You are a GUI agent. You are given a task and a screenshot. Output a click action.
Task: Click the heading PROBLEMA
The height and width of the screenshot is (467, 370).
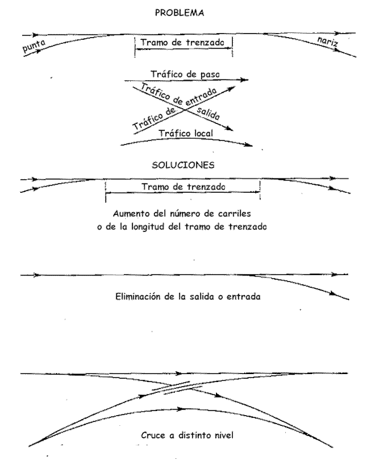(180, 13)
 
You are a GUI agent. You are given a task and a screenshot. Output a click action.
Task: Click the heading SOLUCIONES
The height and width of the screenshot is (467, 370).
(183, 165)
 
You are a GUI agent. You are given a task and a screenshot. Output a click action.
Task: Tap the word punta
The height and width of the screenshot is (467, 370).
(34, 45)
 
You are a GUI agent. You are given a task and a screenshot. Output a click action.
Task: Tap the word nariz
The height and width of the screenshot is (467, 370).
(328, 41)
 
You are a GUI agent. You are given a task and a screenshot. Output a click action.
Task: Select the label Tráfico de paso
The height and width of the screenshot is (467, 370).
(185, 74)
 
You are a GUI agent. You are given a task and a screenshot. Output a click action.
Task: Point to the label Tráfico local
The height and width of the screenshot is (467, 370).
(186, 133)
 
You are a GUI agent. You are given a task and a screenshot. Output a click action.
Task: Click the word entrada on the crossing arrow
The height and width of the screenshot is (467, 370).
(200, 97)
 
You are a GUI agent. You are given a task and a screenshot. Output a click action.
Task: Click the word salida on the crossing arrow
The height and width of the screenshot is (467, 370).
(208, 113)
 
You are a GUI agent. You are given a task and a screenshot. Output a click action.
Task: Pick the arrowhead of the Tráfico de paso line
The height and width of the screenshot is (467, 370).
(244, 80)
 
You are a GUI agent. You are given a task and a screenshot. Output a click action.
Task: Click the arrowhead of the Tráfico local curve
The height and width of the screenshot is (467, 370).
(249, 145)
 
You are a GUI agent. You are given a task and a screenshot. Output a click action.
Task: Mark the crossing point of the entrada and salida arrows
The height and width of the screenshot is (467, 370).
(185, 110)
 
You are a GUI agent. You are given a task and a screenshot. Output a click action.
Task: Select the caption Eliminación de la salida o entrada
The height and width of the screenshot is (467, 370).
(188, 297)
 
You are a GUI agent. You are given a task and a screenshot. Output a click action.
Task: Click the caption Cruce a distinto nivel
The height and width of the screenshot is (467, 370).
(187, 435)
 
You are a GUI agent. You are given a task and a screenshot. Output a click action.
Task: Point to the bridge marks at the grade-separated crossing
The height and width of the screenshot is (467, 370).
(177, 387)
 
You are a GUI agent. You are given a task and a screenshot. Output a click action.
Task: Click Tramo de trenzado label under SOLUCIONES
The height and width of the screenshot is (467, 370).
(183, 187)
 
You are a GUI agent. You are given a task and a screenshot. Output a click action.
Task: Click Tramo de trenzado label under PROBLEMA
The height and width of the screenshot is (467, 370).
(182, 42)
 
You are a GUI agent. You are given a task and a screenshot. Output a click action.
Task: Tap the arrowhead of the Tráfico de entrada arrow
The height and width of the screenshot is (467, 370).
(231, 88)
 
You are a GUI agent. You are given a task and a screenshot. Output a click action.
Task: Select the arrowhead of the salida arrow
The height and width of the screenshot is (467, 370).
(229, 129)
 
